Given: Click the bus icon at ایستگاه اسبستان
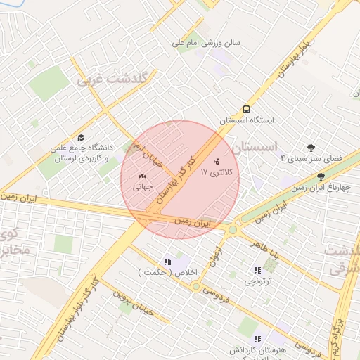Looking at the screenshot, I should [x=246, y=109].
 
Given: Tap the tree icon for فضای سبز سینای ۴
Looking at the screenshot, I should [x=311, y=147].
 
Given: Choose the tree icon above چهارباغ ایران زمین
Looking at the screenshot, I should [x=321, y=177].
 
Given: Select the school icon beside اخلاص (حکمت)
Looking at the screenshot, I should [x=167, y=262].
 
